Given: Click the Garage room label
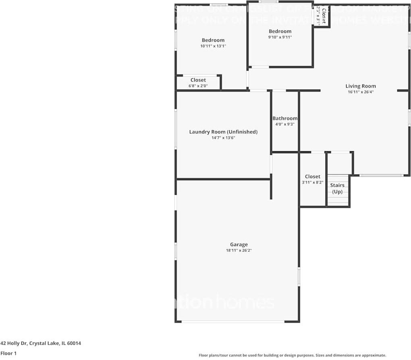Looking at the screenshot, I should (239, 244).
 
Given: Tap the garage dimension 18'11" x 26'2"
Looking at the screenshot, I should (239, 250).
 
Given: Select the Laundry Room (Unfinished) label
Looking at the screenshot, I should (223, 132).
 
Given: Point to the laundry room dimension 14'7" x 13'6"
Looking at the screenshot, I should (223, 138).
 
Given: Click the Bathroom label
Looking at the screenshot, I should (285, 118).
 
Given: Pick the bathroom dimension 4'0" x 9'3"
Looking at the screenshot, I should (285, 124).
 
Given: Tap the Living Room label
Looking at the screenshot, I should (361, 86).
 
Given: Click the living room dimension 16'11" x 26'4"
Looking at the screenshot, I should (361, 92).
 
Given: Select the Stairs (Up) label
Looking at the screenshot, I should (337, 188).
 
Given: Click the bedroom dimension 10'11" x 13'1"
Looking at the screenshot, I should (213, 46).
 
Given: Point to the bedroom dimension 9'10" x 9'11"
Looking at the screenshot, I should (280, 37).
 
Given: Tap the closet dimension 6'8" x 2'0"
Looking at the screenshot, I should (198, 86).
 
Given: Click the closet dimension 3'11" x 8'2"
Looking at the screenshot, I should (313, 182).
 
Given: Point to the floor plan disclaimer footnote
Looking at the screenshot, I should (292, 355).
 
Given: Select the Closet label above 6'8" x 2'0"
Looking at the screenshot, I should (198, 80).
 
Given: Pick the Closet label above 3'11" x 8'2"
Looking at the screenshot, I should (313, 176).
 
